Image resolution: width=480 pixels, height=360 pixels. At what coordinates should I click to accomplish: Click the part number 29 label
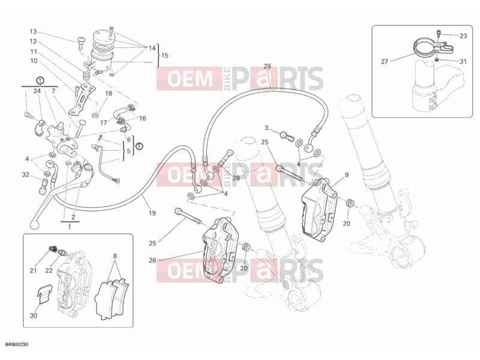coord(267,67)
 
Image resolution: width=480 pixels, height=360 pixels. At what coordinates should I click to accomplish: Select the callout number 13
coord(33,32)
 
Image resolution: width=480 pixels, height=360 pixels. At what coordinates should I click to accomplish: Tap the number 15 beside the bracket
coord(164,55)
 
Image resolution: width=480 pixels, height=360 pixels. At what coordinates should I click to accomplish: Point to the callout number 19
coord(152,213)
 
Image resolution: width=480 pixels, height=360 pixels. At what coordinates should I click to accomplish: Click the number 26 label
coord(152,260)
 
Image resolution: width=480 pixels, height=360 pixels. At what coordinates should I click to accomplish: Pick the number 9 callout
coord(347,175)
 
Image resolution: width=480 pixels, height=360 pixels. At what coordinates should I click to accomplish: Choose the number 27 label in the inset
coord(385,62)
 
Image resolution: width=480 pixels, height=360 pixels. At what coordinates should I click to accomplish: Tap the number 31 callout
coord(463,62)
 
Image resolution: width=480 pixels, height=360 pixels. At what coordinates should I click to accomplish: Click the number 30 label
coord(34,316)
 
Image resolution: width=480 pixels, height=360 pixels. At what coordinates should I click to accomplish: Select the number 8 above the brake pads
coord(115,256)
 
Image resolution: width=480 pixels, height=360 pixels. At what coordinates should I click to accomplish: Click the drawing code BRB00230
coord(17,344)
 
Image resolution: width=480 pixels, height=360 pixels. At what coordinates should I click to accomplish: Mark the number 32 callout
coord(26,175)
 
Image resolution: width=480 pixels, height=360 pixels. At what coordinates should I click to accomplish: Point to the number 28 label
coord(236,178)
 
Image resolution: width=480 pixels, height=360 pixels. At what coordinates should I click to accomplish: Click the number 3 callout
coord(266,128)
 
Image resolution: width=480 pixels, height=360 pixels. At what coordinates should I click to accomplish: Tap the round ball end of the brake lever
coord(34,224)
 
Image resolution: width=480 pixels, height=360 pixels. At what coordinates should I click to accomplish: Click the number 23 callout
coord(463,36)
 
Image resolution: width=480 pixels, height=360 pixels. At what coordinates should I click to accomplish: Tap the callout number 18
coord(109,94)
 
